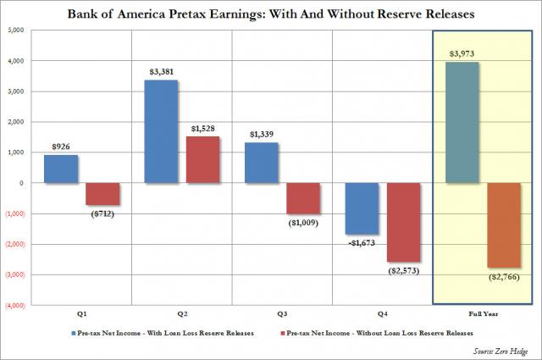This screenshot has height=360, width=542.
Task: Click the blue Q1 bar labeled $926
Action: pos(62,169)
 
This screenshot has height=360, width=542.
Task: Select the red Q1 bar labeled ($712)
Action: pos(103,194)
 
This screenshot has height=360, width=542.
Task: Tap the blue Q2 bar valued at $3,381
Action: pos(162,131)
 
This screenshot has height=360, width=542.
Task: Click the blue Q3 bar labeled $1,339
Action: pos(262,163)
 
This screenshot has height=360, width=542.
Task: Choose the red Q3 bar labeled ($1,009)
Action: pos(303,198)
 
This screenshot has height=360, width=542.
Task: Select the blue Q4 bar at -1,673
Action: pos(362,208)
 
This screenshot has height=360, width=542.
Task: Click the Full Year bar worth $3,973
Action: pos(462,122)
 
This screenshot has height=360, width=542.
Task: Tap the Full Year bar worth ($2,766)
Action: pos(503,225)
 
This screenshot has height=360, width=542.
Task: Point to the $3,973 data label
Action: pos(462,53)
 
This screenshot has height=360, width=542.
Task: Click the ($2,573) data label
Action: pos(404,271)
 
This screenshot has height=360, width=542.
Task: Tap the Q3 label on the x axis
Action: pos(282,313)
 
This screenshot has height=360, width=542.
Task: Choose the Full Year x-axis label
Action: pos(483,313)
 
